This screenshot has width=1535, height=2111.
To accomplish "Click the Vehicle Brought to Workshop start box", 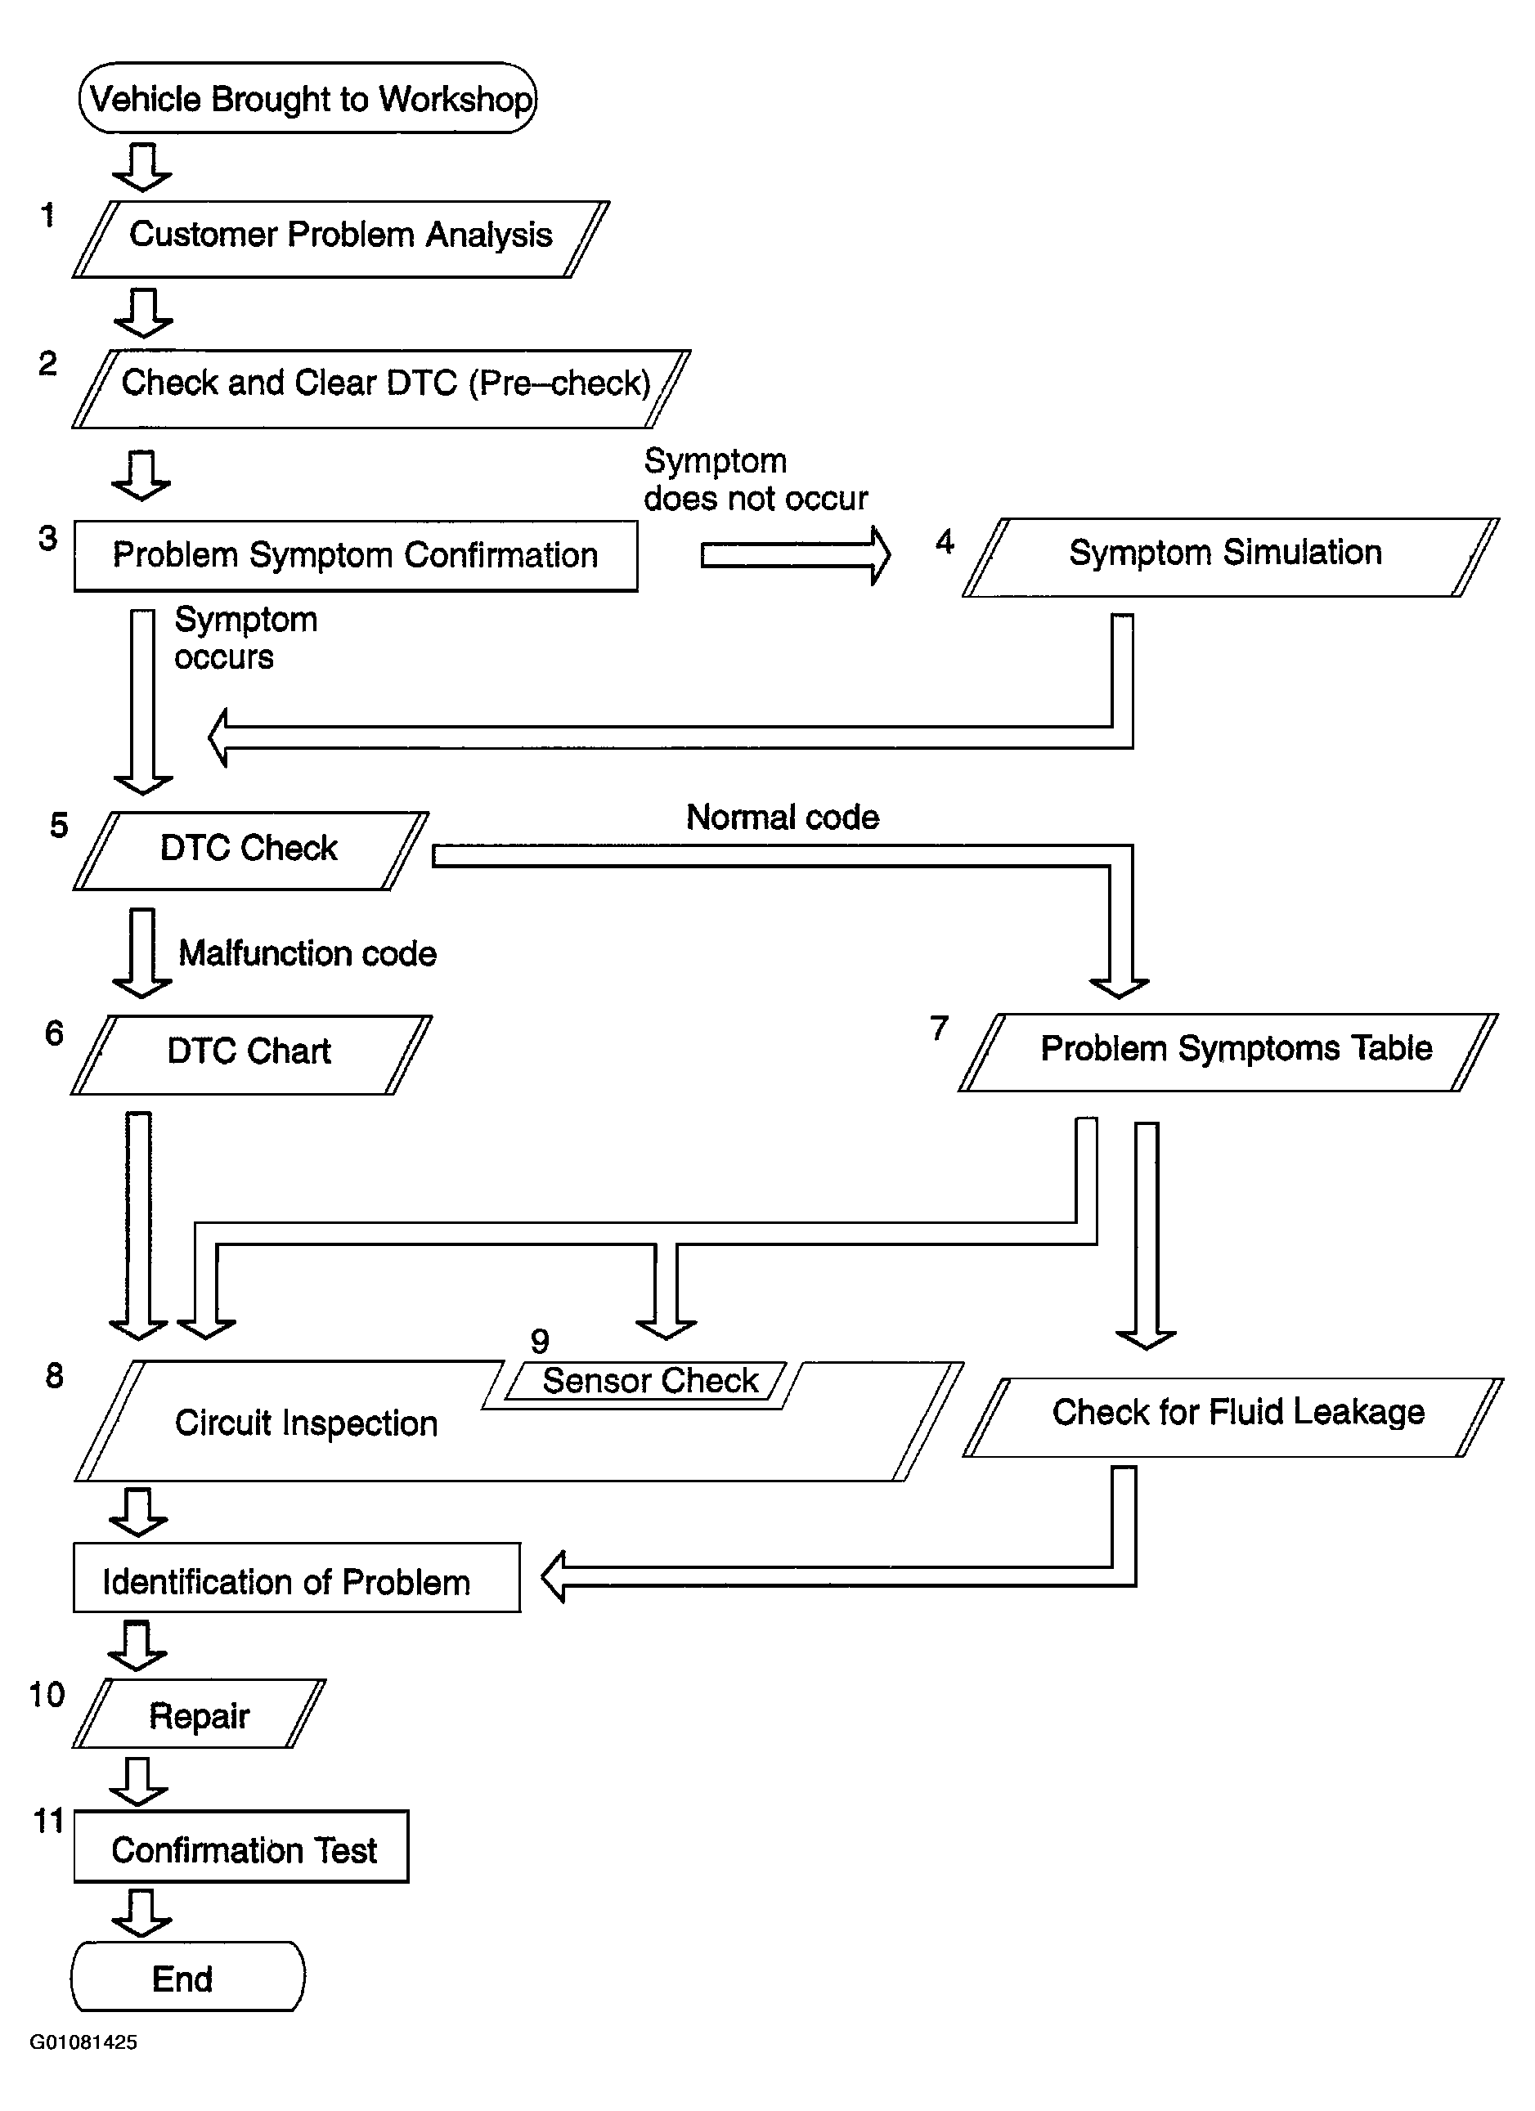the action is pyautogui.click(x=308, y=98).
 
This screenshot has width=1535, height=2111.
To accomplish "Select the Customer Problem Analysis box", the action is pyautogui.click(x=341, y=240).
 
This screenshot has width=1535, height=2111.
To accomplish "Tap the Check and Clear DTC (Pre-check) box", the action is pyautogui.click(x=382, y=389).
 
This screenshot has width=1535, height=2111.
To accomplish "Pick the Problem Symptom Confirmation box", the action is pyautogui.click(x=356, y=556).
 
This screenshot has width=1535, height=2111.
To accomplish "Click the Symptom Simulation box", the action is pyautogui.click(x=1231, y=558).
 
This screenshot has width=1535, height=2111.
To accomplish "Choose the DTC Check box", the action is pyautogui.click(x=250, y=851).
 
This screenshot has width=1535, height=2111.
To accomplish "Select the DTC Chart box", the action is pyautogui.click(x=251, y=1055).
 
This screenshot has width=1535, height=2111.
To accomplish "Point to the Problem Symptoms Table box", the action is pyautogui.click(x=1229, y=1051).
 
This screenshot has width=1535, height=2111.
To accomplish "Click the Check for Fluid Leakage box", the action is pyautogui.click(x=1233, y=1417).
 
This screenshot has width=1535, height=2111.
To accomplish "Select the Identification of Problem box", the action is pyautogui.click(x=297, y=1578).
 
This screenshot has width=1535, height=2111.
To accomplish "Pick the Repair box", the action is pyautogui.click(x=200, y=1714).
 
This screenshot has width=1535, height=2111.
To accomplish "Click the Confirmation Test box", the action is pyautogui.click(x=241, y=1847).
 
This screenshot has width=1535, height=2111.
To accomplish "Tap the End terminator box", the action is pyautogui.click(x=188, y=1977).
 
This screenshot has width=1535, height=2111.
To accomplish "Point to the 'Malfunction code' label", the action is pyautogui.click(x=307, y=953).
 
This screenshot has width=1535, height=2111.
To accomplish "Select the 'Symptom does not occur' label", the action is pyautogui.click(x=756, y=480).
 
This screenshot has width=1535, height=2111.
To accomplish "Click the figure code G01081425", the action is pyautogui.click(x=83, y=2042).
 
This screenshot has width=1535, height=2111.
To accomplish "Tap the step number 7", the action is pyautogui.click(x=940, y=1029).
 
